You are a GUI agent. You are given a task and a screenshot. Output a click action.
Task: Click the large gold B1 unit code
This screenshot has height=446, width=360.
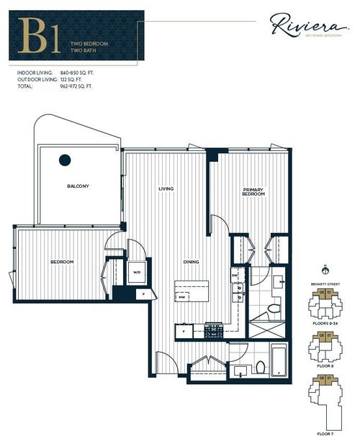click(x=40, y=36)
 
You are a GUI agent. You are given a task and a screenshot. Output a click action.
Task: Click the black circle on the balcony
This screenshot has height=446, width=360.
click(x=65, y=160)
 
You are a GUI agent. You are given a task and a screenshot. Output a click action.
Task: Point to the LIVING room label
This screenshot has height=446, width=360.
click(x=167, y=189)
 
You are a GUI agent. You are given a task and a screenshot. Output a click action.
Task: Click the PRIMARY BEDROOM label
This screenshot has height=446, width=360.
click(x=253, y=192)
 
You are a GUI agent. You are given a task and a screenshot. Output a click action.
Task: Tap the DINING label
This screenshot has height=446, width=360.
click(x=191, y=262)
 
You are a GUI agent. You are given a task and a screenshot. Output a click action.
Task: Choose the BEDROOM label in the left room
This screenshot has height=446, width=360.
click(x=62, y=262)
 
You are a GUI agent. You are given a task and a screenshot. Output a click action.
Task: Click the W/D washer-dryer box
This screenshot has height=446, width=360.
click(x=137, y=273)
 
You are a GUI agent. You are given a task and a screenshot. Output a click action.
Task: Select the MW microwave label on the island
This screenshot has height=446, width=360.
click(x=183, y=296)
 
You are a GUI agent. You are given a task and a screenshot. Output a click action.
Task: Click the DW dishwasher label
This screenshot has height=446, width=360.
click(x=235, y=276)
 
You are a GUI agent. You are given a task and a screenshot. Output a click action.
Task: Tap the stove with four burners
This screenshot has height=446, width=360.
click(x=214, y=332)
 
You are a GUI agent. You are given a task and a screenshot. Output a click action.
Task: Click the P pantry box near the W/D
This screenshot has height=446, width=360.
click(x=143, y=293)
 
